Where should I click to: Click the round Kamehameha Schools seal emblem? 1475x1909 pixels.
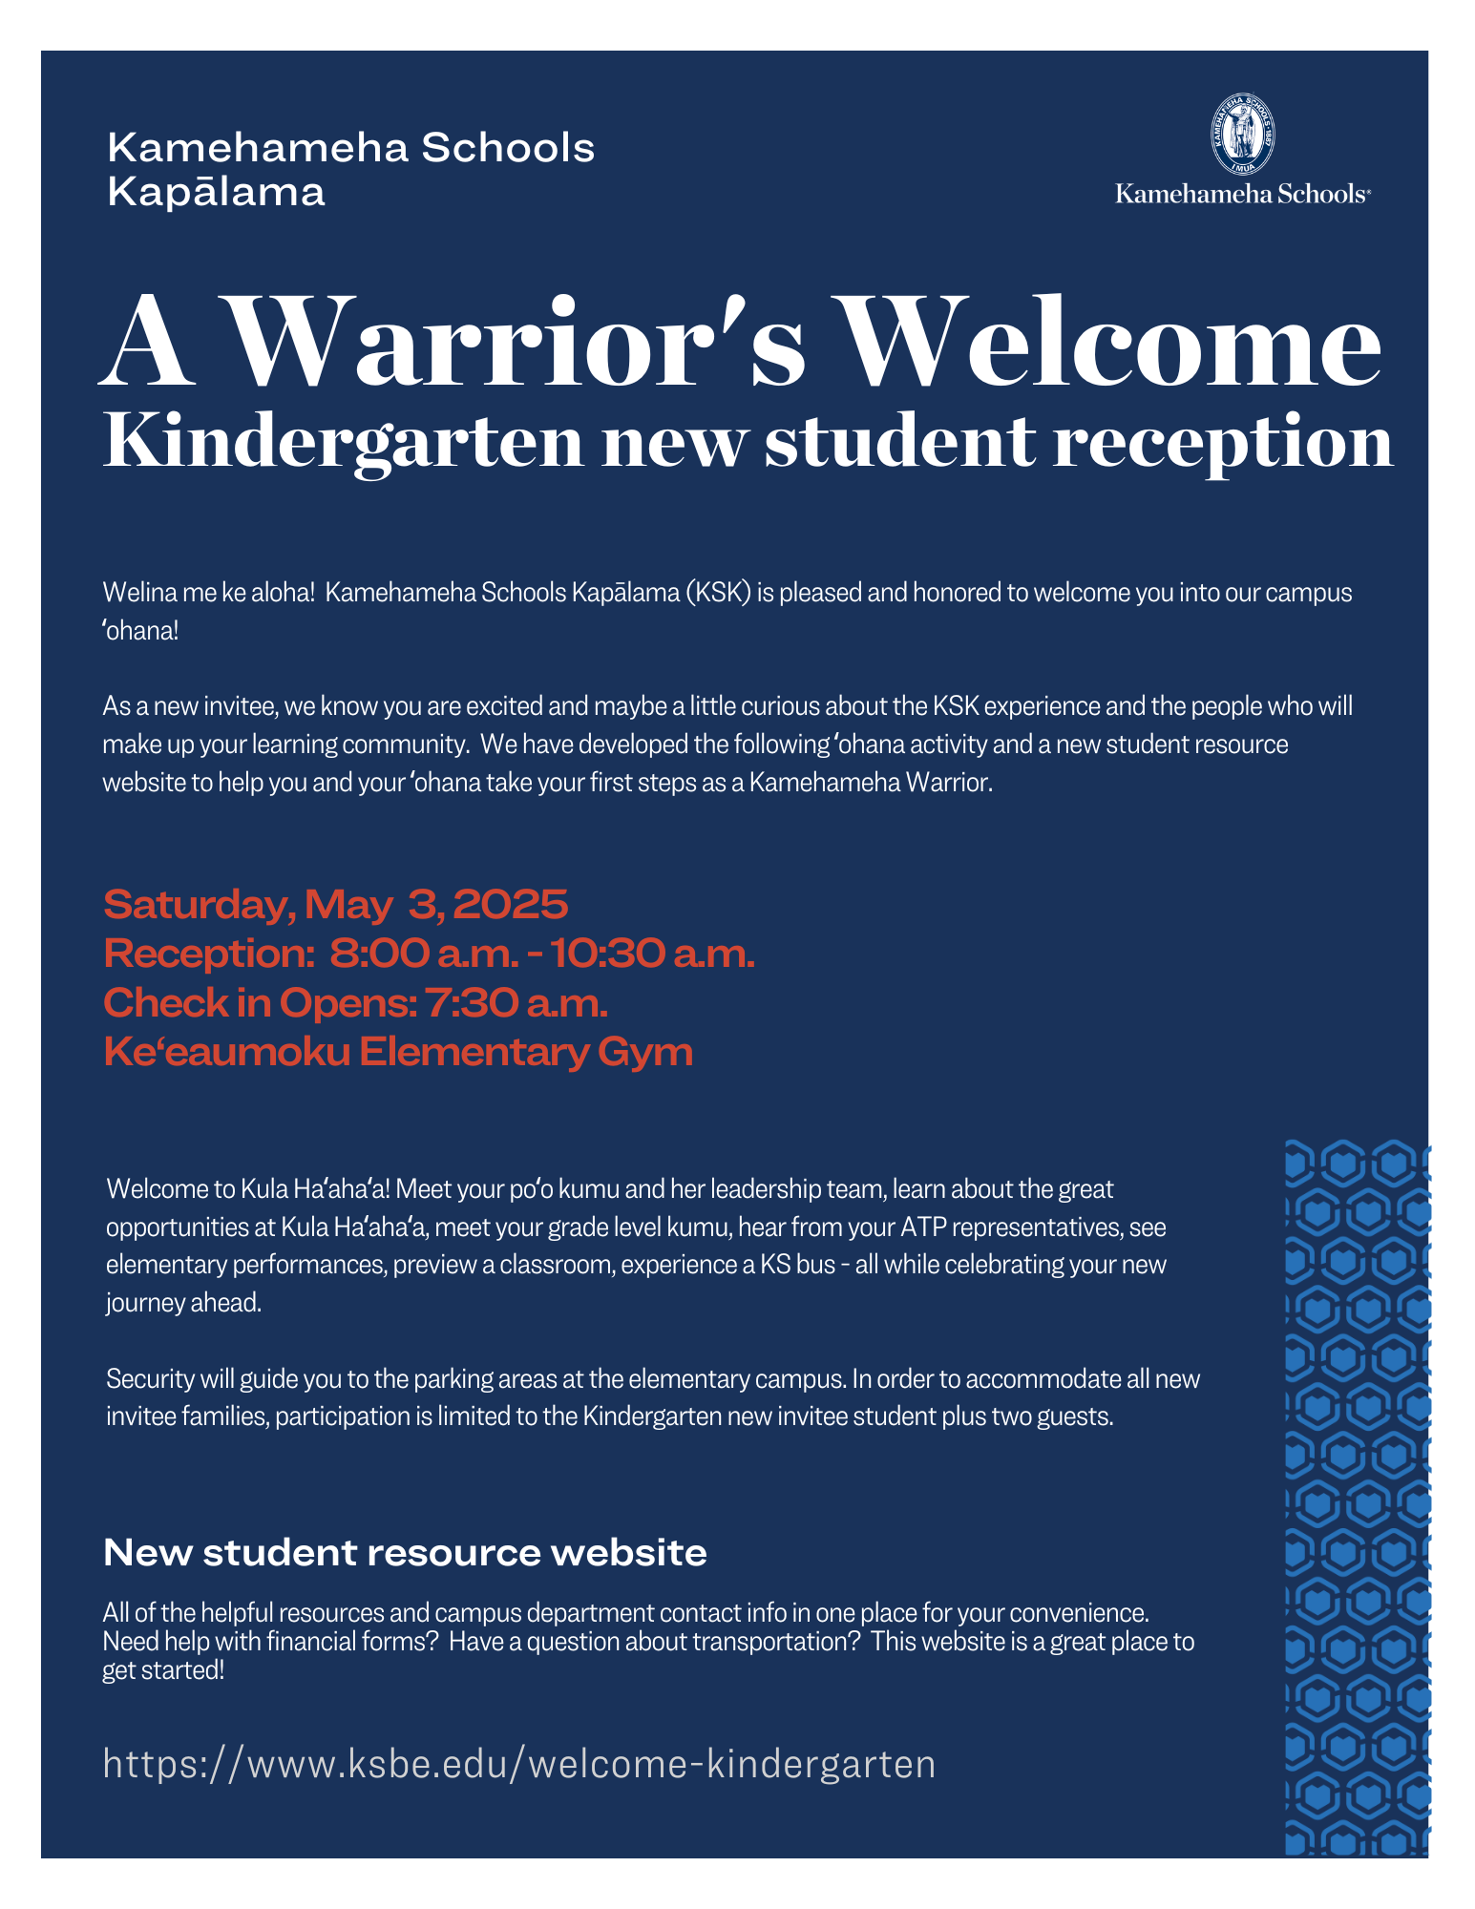pos(1242,135)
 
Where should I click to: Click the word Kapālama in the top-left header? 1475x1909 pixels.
pos(216,192)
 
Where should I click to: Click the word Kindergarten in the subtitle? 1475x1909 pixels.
pos(343,443)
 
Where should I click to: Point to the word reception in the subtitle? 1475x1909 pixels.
pos(1222,443)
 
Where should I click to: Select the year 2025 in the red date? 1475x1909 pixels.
pos(511,904)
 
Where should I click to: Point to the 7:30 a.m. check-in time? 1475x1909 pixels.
pos(516,1003)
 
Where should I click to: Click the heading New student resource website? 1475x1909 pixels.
pos(405,1553)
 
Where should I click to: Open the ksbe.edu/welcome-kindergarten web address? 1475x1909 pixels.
pos(519,1764)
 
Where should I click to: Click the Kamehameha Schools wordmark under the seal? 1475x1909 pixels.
pos(1242,194)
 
